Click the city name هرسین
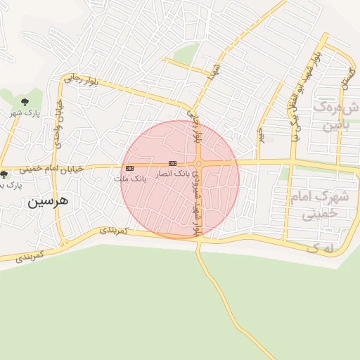click(x=49, y=201)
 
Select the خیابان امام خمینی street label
click(x=51, y=168)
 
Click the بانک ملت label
click(x=130, y=179)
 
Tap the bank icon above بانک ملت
click(x=130, y=169)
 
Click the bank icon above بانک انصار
click(x=172, y=163)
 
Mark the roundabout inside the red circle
click(x=200, y=165)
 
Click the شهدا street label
click(x=207, y=71)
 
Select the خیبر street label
click(x=260, y=134)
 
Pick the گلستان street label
click(x=345, y=73)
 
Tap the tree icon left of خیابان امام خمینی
click(x=4, y=174)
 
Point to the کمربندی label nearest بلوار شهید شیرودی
click(x=112, y=230)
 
